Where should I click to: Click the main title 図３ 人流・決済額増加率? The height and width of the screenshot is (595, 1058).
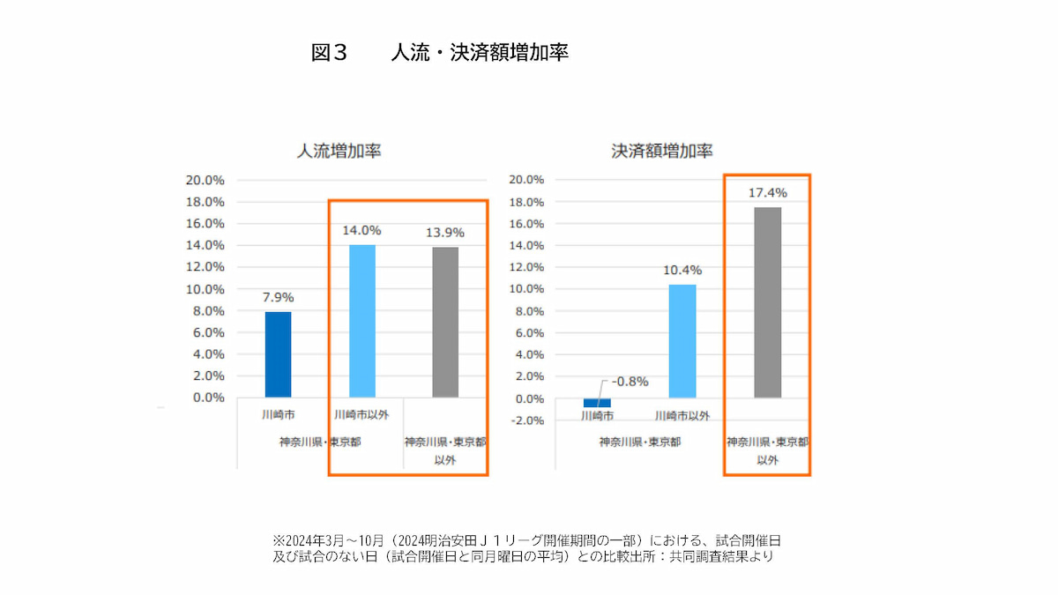tap(440, 53)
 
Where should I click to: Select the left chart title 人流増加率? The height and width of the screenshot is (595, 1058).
tap(339, 151)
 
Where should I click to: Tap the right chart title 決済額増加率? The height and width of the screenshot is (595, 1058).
tap(662, 151)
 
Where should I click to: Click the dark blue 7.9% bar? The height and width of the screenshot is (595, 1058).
tap(278, 354)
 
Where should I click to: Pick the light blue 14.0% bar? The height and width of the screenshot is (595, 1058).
tap(361, 321)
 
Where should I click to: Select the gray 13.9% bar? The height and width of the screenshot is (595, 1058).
tap(445, 322)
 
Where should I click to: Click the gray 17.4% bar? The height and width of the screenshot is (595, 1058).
tap(767, 302)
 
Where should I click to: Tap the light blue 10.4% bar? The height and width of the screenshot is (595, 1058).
tap(682, 340)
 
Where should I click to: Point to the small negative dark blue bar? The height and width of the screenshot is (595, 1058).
tap(597, 403)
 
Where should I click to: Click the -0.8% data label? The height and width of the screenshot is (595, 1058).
tap(630, 382)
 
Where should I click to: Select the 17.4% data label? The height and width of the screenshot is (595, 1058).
tap(767, 192)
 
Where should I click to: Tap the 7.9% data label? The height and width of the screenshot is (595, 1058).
tap(278, 297)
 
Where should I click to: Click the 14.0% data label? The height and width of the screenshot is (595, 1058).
tap(361, 230)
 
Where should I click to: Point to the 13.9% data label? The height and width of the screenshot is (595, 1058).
tap(445, 232)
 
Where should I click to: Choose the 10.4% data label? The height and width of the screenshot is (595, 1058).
tap(682, 270)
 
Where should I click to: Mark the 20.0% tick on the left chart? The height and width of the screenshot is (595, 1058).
tap(205, 180)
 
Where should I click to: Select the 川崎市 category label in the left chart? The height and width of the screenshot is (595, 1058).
tap(278, 413)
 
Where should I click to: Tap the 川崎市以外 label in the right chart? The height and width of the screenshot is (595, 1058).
tap(682, 414)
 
